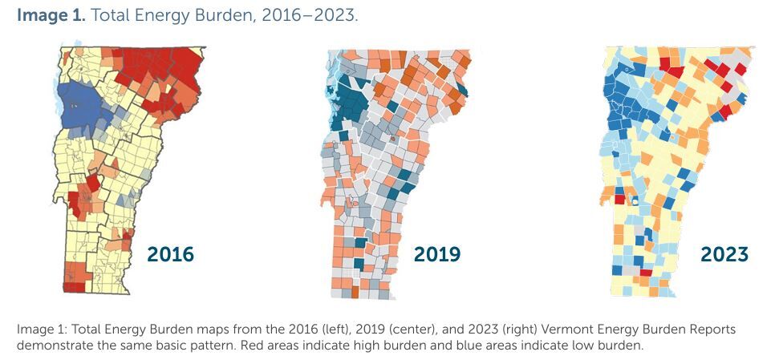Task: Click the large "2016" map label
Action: pos(170,254)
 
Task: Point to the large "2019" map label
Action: pos(437,254)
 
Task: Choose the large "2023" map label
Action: pos(724,254)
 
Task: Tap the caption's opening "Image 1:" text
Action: pos(39,330)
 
